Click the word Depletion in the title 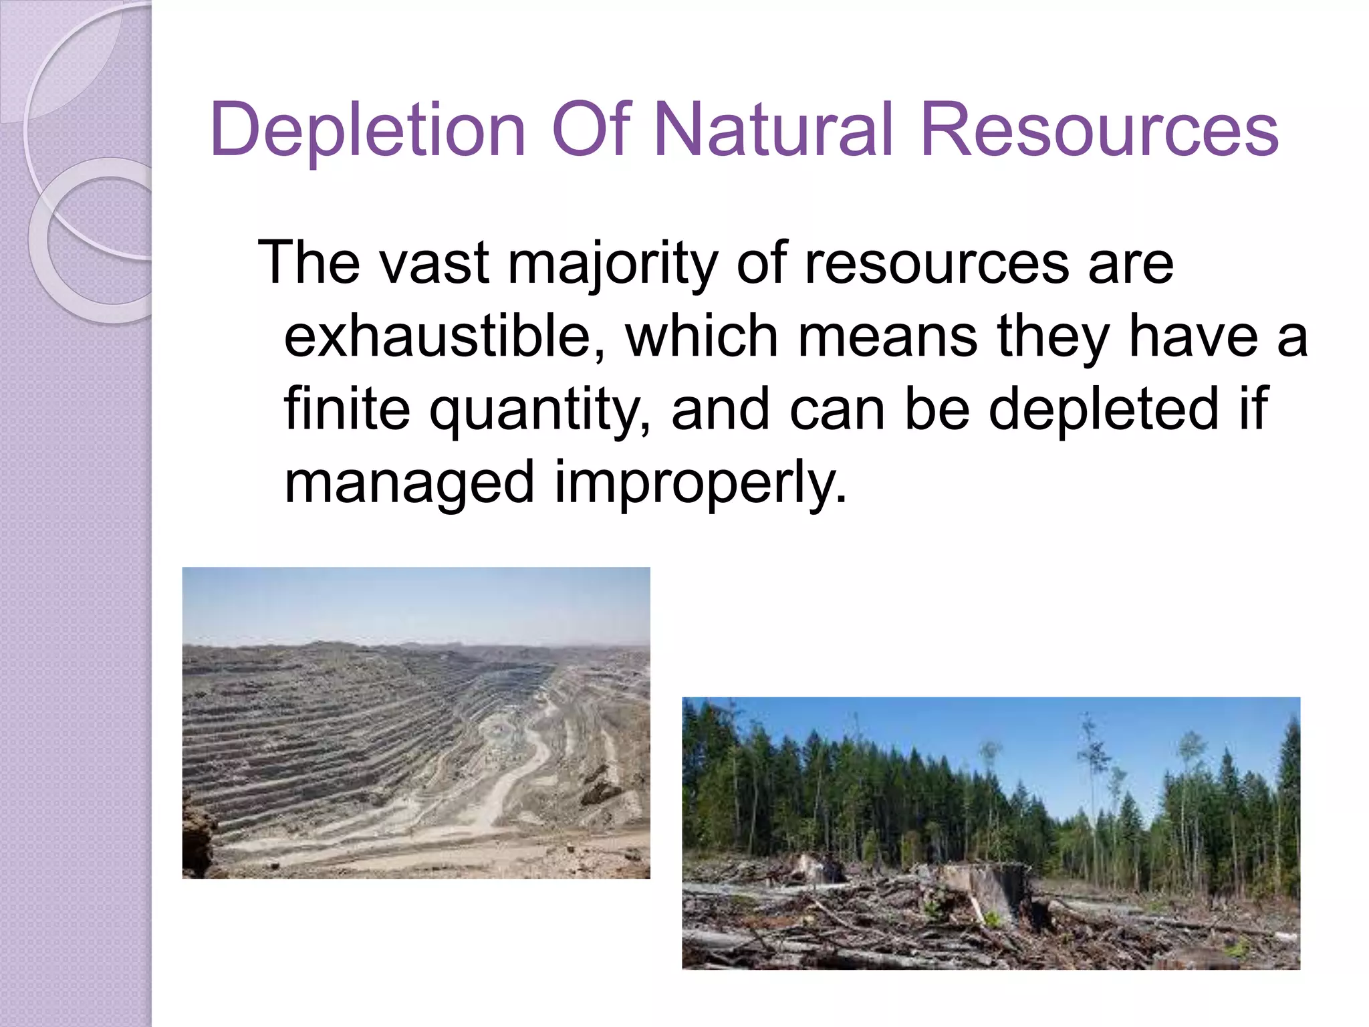[368, 130]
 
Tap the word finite [347, 409]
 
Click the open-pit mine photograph [416, 722]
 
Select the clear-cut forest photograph [991, 832]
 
